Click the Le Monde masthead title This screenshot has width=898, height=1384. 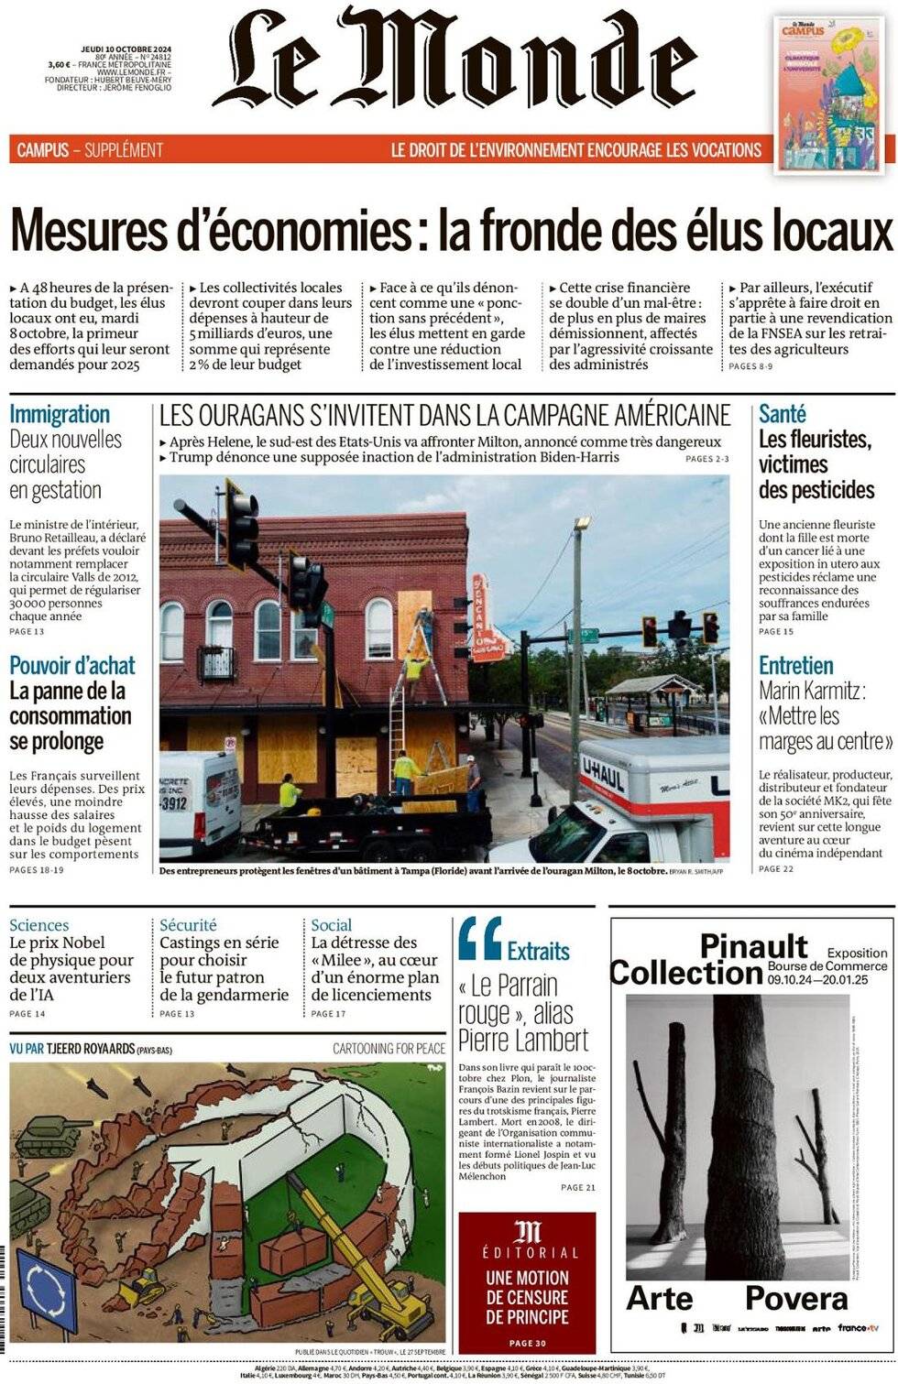455,60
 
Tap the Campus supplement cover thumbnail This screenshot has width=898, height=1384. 834,93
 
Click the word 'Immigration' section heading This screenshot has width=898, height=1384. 60,414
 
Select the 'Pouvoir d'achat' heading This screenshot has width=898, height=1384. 71,666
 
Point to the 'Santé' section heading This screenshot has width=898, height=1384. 782,414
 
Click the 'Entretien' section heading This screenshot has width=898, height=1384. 795,666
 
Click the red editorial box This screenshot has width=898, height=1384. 527,1282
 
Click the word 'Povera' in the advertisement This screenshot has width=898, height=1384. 795,1298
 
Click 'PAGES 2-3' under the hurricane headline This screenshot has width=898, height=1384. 706,458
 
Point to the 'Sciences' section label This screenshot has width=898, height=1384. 38,925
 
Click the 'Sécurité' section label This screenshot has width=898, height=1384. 188,925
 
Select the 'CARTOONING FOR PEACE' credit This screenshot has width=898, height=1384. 389,1048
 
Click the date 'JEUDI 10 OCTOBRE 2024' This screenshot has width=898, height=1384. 126,49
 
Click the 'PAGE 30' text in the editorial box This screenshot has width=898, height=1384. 527,1343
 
